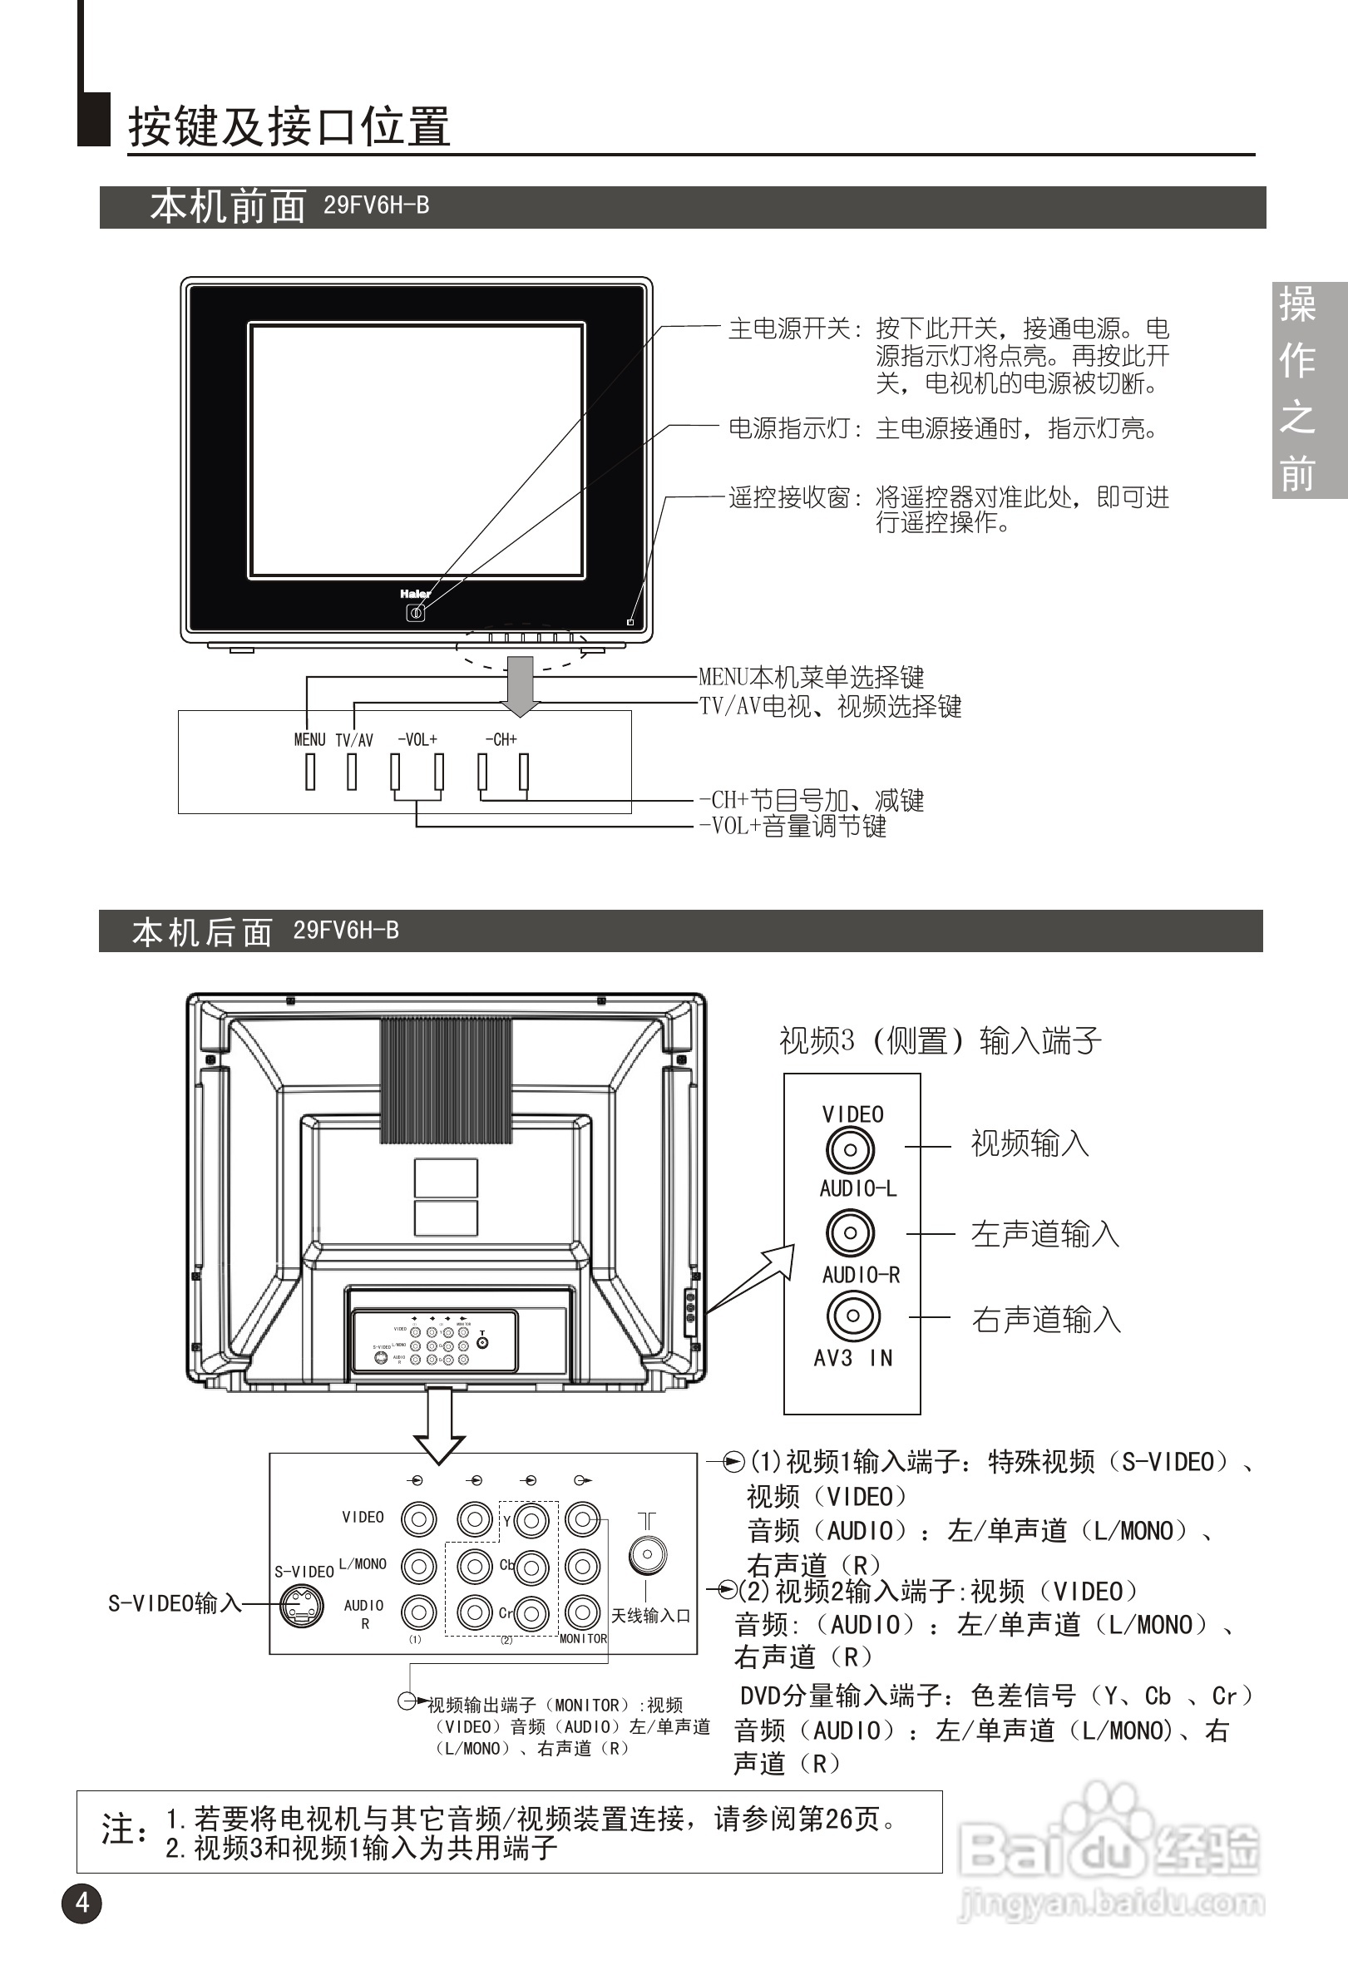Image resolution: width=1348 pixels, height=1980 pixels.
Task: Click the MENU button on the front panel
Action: (x=310, y=772)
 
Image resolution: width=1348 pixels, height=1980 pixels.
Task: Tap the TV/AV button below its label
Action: (x=352, y=772)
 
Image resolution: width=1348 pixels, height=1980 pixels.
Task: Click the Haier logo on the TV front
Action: (x=415, y=593)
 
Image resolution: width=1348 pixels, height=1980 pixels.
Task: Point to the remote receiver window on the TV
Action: (x=630, y=622)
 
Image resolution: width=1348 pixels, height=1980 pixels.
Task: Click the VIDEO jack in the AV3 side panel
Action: (x=850, y=1150)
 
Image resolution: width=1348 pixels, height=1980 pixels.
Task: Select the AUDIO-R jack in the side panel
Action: (x=852, y=1316)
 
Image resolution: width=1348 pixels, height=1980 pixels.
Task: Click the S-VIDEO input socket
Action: (x=303, y=1606)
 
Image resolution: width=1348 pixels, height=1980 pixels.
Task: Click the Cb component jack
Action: (x=531, y=1567)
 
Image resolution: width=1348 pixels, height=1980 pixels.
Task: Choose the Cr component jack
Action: (x=531, y=1612)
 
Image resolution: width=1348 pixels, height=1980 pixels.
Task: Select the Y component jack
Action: (x=531, y=1521)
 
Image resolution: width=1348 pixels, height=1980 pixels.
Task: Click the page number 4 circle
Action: (x=81, y=1903)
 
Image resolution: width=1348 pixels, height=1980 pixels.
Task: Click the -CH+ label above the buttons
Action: (x=501, y=739)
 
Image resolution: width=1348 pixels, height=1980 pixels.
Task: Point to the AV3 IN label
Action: (x=853, y=1358)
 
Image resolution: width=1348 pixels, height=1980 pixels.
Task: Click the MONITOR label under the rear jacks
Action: (x=583, y=1638)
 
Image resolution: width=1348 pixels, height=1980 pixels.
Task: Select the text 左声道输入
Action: (x=1044, y=1234)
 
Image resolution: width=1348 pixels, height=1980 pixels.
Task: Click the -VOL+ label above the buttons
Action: (x=417, y=739)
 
